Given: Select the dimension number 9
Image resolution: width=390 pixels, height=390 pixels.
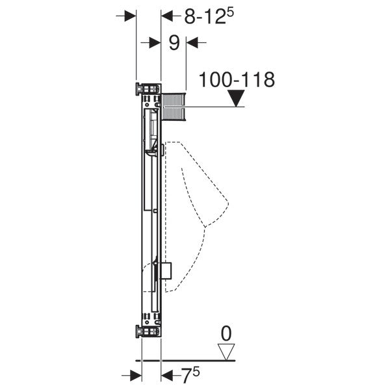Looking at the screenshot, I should pyautogui.click(x=174, y=43).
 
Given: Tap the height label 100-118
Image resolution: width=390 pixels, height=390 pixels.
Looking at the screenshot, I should pyautogui.click(x=237, y=80).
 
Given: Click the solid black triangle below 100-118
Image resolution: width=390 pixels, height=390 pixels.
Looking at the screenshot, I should pyautogui.click(x=238, y=98).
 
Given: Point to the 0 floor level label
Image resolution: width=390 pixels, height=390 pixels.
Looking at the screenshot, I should pyautogui.click(x=226, y=335).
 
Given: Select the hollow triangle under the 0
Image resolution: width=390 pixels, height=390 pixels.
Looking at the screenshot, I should pyautogui.click(x=226, y=351).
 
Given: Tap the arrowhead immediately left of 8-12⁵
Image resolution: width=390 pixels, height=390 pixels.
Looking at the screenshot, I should pyautogui.click(x=167, y=16).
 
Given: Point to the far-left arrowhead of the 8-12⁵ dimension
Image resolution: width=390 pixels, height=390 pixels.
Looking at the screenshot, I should pyautogui.click(x=129, y=16).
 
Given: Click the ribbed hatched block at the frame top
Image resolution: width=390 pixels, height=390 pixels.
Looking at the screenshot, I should pyautogui.click(x=173, y=107).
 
